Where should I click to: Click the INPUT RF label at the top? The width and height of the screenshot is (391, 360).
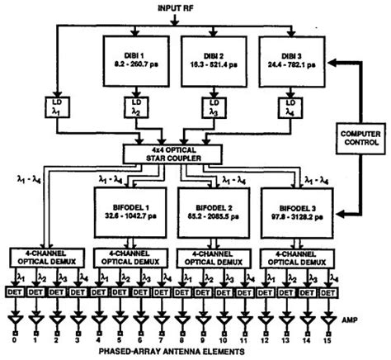click(192, 7)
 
